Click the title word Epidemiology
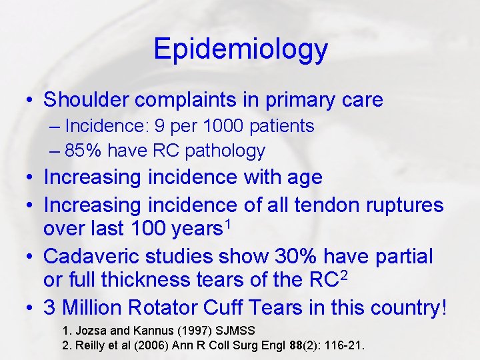point(240,49)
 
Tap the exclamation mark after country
point(444,308)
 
